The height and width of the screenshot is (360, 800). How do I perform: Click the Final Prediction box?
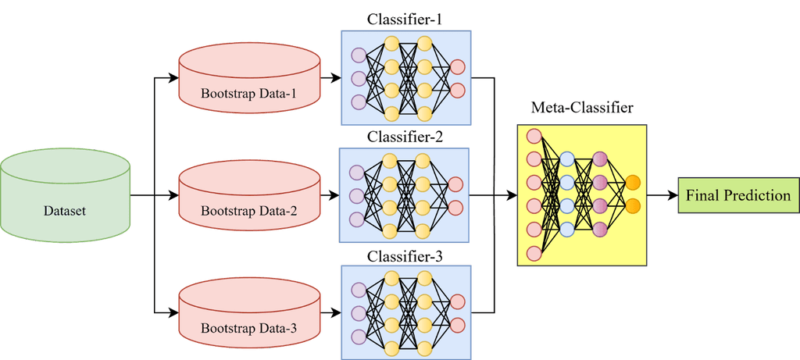point(738,195)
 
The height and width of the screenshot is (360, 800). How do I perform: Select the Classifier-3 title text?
point(405,255)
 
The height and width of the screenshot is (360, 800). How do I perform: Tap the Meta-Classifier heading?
point(582,108)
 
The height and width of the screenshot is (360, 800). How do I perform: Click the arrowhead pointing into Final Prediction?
point(671,195)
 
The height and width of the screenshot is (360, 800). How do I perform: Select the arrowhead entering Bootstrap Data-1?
point(173,78)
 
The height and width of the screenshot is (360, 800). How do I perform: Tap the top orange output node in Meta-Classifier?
point(633,183)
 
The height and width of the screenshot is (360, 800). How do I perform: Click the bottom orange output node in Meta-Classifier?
point(633,206)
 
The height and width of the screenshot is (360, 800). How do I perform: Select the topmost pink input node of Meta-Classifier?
point(534,136)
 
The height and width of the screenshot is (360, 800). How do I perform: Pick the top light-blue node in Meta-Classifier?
point(567,160)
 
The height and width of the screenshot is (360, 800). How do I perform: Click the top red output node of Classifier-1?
point(457,66)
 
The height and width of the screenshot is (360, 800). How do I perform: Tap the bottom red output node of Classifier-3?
point(457,324)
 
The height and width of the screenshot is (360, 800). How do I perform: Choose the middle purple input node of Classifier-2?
point(357,195)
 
